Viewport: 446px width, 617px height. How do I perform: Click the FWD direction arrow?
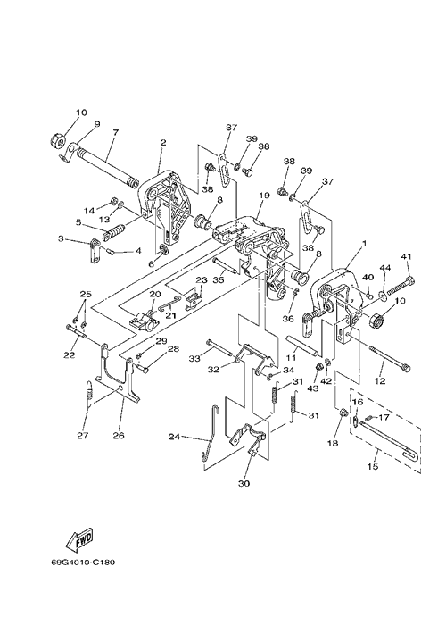point(79,538)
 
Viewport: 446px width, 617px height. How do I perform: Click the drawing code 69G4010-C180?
point(83,562)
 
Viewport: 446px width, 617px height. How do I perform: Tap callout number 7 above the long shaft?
point(115,133)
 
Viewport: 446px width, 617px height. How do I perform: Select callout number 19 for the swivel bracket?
point(264,196)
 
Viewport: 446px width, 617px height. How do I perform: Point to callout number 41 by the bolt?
point(406,256)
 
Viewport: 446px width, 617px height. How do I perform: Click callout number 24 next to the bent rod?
point(175,437)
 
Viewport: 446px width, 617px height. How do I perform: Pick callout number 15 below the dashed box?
point(373,466)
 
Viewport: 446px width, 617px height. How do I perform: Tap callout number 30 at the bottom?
point(244,484)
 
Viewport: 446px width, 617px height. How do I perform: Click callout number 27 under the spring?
point(83,435)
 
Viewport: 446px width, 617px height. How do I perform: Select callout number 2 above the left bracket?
point(163,143)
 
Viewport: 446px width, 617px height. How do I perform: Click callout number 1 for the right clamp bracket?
point(364,244)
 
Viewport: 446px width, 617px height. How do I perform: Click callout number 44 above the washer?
point(385,268)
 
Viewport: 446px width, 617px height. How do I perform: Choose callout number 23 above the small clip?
point(202,280)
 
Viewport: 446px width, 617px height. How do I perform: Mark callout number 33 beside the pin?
point(194,358)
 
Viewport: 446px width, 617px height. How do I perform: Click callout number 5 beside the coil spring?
point(78,222)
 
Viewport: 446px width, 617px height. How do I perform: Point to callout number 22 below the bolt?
point(70,355)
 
